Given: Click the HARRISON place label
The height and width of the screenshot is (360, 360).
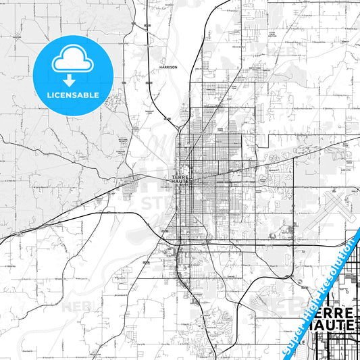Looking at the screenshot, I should click(x=168, y=68).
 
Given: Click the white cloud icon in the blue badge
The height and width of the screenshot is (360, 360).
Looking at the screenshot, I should click(x=72, y=60).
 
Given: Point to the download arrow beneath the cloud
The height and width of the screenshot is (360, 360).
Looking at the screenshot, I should click(x=70, y=80).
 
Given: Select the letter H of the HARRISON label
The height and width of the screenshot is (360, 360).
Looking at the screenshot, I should click(x=161, y=68).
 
